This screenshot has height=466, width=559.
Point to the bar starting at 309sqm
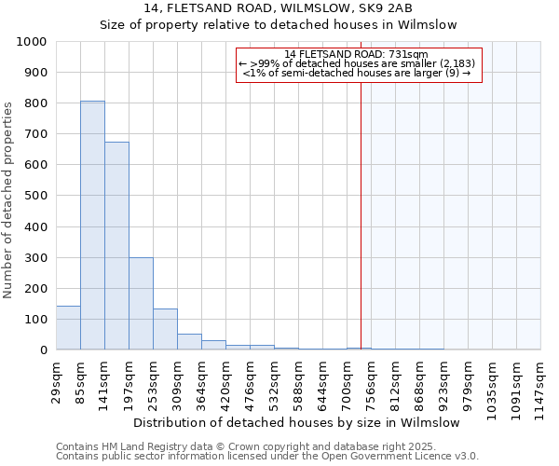(189, 341)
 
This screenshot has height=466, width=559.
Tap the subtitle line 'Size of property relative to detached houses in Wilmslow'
(279, 25)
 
